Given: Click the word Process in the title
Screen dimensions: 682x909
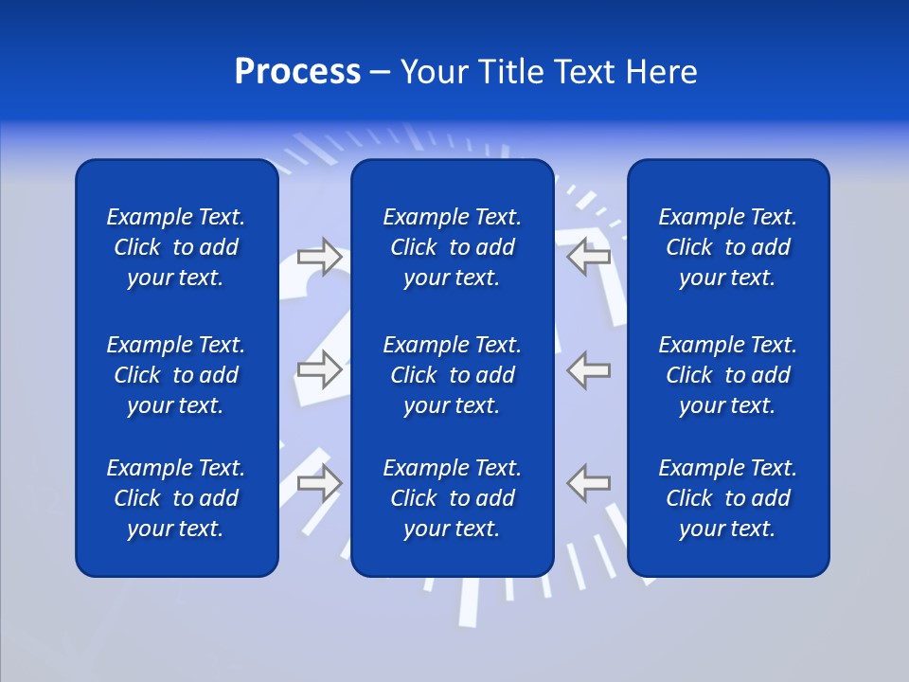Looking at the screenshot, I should click(297, 72).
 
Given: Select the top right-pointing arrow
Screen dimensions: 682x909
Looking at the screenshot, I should click(319, 257).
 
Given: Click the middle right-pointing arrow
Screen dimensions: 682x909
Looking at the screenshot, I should click(319, 369).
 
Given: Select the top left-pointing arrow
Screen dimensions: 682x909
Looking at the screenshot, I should click(589, 257).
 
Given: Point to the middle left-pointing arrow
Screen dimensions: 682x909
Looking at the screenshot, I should click(589, 369).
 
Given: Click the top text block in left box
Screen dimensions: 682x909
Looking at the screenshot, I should click(176, 247).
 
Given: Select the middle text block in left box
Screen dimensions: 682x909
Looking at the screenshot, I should click(176, 375).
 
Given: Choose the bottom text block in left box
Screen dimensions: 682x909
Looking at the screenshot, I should click(176, 498).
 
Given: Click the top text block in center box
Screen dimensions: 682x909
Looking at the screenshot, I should click(452, 247).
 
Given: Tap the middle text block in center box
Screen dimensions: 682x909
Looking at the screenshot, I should click(452, 375).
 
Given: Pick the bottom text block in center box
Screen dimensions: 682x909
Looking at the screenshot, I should click(452, 498).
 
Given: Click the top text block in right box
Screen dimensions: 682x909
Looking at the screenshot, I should click(727, 247).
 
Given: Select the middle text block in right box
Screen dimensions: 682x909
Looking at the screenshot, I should click(727, 375).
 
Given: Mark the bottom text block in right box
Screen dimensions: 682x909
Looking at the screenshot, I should click(727, 498).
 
